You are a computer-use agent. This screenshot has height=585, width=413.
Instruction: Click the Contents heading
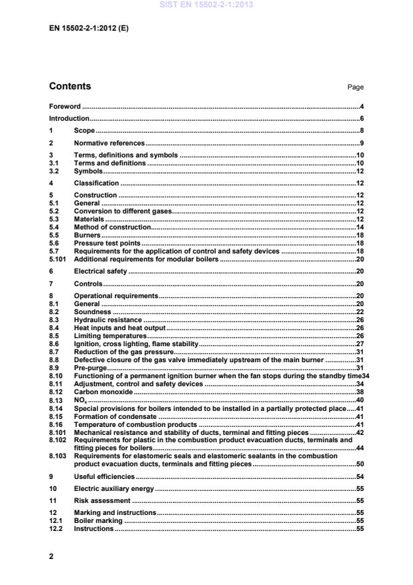tap(70, 86)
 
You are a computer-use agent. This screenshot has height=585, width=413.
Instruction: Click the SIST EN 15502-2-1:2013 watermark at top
tap(206, 5)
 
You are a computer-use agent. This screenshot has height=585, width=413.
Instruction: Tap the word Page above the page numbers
tap(355, 87)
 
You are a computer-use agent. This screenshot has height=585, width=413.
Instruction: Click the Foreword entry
tap(65, 106)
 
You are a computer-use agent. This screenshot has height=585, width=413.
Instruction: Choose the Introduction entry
tap(69, 118)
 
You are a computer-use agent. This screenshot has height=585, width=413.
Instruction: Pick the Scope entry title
tap(84, 130)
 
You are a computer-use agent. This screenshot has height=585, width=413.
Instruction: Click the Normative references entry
tap(109, 143)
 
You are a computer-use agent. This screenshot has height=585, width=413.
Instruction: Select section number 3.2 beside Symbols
tap(54, 171)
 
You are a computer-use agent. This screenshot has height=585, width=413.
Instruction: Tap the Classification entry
tap(96, 183)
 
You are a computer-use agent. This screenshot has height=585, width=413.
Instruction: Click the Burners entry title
tap(87, 235)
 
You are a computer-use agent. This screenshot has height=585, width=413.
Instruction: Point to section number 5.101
tap(58, 259)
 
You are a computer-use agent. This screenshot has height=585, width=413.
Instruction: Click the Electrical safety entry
tap(100, 271)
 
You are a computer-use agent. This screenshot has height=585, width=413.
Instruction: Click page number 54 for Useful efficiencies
tap(358, 477)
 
